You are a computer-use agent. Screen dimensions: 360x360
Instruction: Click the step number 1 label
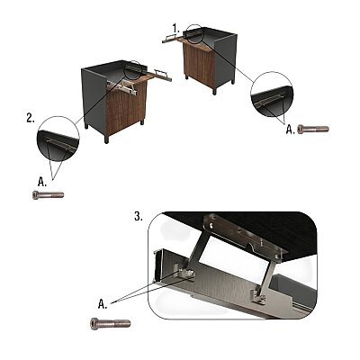click(176, 29)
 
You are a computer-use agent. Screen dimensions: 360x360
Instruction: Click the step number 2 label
click(31, 118)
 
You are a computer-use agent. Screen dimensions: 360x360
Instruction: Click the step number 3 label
click(139, 216)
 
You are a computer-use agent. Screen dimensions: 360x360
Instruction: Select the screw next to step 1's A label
click(313, 130)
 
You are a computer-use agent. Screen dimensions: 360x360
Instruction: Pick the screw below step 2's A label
click(48, 195)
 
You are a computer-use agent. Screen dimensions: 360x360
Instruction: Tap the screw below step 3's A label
click(111, 323)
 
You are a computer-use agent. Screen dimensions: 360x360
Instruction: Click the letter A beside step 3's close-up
click(102, 304)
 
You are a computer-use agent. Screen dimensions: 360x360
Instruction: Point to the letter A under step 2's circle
click(42, 182)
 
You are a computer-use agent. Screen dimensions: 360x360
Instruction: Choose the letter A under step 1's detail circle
click(290, 130)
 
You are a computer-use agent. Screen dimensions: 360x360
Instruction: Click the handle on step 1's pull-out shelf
click(169, 37)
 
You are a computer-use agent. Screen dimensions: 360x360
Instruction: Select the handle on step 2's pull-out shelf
click(161, 74)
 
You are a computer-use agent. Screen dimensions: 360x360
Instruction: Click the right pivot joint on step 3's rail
click(259, 295)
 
